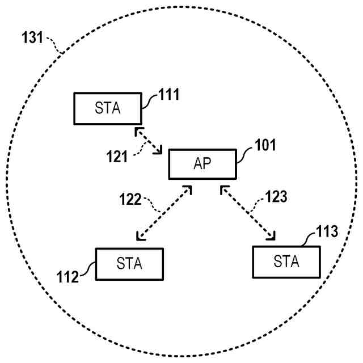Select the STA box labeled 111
(x=108, y=108)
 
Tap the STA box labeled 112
(x=129, y=264)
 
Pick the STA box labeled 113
(x=286, y=261)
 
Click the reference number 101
(x=264, y=145)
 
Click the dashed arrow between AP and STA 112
(x=164, y=213)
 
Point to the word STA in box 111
(x=108, y=108)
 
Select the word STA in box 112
(x=129, y=264)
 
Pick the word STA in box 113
(x=286, y=261)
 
